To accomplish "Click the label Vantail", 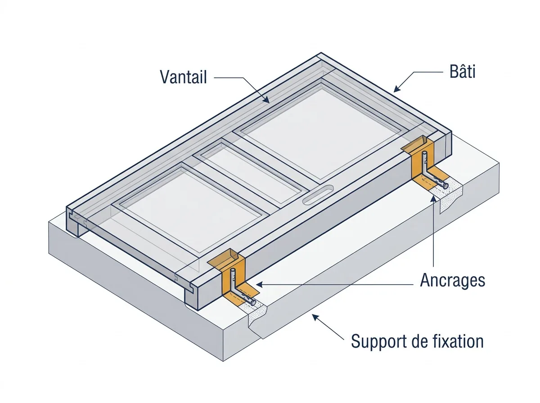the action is coord(183,77).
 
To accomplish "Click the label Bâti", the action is coord(462,72).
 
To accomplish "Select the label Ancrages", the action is coord(452,281).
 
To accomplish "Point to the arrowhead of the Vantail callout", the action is coord(266,99).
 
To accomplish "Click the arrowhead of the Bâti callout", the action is coord(397,89).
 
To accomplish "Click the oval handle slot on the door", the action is coord(318,195).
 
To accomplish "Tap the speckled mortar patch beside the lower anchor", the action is coord(255,314).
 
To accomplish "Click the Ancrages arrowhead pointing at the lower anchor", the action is coord(260,285).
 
